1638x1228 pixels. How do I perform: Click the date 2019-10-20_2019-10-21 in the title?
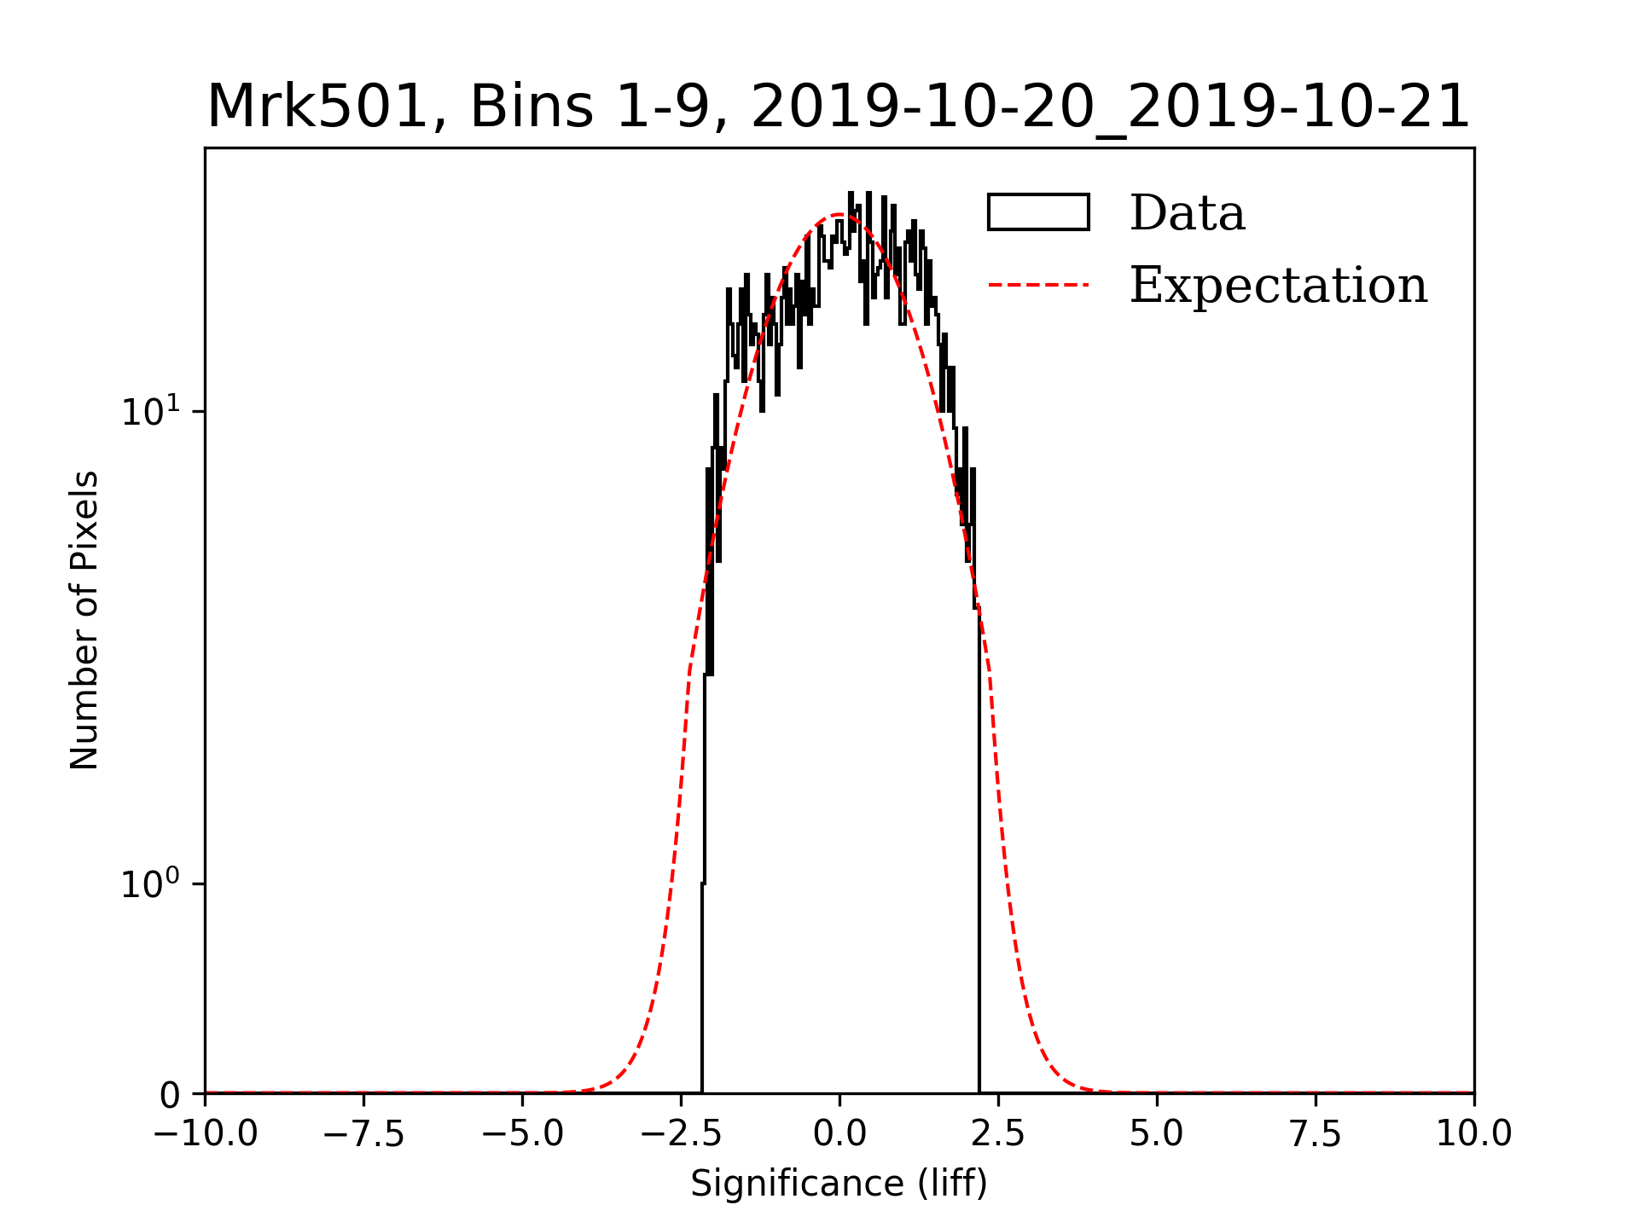click(x=1110, y=107)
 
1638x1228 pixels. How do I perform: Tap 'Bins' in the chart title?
click(x=531, y=107)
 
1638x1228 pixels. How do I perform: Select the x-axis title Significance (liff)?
click(x=839, y=1185)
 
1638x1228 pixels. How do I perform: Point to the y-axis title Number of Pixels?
click(x=84, y=620)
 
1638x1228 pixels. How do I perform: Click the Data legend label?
click(x=1187, y=213)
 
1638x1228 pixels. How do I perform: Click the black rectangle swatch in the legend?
click(x=1038, y=212)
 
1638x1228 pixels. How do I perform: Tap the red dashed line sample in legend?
click(x=1038, y=285)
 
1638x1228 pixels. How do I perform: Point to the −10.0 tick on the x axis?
click(x=205, y=1134)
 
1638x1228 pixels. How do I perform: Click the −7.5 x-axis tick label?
click(x=363, y=1134)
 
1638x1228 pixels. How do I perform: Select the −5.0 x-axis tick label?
click(x=522, y=1134)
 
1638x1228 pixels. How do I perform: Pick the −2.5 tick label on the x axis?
click(x=681, y=1134)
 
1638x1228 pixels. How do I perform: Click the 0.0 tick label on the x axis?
click(x=839, y=1134)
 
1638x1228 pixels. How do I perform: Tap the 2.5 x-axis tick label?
click(x=998, y=1134)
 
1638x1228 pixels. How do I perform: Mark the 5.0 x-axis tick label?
click(x=1157, y=1134)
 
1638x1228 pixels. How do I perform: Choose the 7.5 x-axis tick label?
click(x=1316, y=1134)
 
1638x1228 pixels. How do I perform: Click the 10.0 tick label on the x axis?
click(x=1474, y=1134)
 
